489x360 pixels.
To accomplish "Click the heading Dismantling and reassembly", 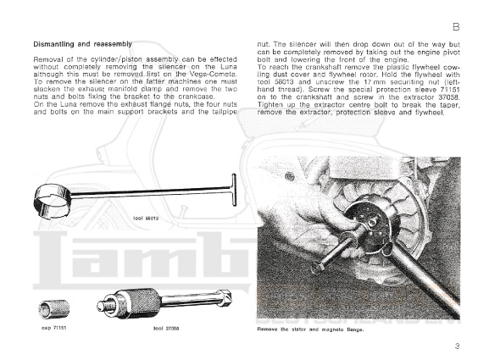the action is point(83,44).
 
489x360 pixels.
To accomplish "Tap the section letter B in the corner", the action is point(456,27).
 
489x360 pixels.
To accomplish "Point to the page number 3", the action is point(457,346).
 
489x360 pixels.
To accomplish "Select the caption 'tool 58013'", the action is point(146,219).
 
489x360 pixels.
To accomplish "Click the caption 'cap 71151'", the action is point(53,328).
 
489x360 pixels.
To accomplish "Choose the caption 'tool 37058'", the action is point(166,328).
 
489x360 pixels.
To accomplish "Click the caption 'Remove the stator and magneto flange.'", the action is point(311,330).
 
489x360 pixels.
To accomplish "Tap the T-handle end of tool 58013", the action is point(234,190).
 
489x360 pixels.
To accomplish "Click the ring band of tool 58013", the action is point(52,201).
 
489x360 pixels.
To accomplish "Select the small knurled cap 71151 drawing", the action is point(54,309).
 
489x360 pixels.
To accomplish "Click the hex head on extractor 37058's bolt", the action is point(225,297).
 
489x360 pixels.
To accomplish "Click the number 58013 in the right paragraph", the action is point(281,82).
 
